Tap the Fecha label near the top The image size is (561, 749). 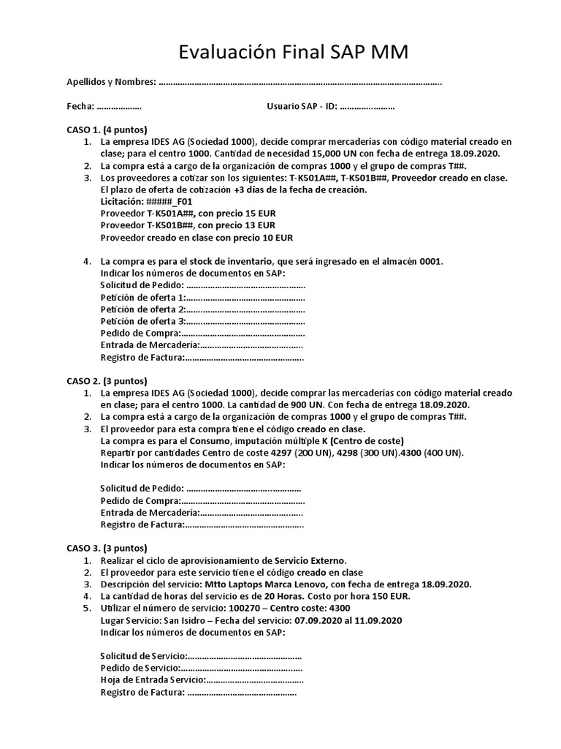point(81,107)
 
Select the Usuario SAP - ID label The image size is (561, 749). point(302,107)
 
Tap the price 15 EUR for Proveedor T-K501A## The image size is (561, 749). point(259,213)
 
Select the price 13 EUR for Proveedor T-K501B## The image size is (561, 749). point(259,225)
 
